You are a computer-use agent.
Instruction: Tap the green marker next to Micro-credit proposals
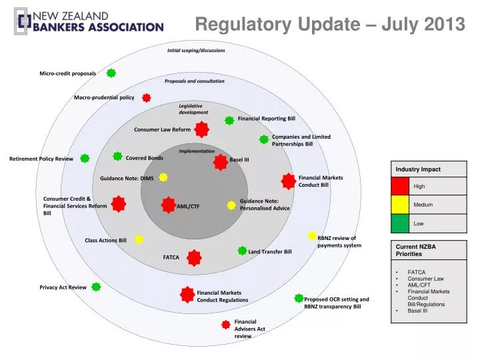(x=111, y=73)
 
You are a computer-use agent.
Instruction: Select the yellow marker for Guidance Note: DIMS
(x=163, y=177)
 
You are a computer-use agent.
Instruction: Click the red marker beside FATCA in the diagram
(x=194, y=257)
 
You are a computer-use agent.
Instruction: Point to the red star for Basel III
(x=221, y=161)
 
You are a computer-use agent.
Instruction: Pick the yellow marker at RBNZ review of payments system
(x=312, y=235)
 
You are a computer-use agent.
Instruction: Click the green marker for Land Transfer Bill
(x=242, y=251)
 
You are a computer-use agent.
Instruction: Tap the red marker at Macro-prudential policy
(x=147, y=97)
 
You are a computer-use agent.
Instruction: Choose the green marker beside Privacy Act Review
(x=96, y=287)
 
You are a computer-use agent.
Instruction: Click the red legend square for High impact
(x=399, y=186)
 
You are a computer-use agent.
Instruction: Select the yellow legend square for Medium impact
(x=399, y=204)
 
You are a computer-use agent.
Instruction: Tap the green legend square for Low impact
(x=399, y=223)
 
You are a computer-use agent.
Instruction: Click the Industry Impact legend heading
(x=418, y=169)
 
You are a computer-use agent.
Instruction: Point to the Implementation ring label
(x=197, y=151)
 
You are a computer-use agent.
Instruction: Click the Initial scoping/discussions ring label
(x=196, y=51)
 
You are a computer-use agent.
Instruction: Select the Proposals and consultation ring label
(x=195, y=81)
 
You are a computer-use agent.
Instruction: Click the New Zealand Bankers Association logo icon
(x=22, y=23)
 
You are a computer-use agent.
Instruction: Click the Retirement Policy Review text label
(x=41, y=159)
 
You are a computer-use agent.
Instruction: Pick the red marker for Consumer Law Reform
(x=201, y=129)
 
